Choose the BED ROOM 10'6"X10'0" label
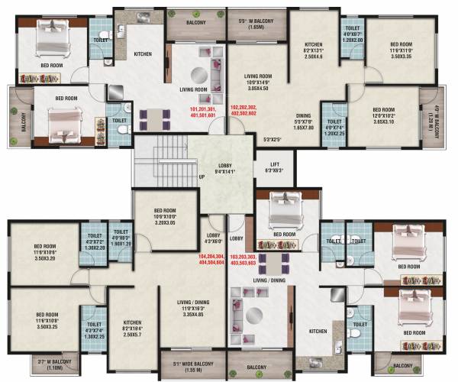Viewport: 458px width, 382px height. [x=165, y=218]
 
